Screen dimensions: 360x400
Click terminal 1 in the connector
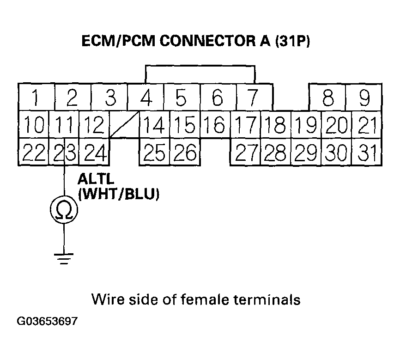[x=36, y=98]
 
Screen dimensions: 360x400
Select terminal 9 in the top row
[x=364, y=98]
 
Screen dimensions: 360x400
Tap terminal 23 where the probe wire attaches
[x=64, y=152]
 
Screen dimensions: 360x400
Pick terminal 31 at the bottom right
[x=367, y=152]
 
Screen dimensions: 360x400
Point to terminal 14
[x=154, y=125]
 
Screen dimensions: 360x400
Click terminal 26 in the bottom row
[x=185, y=152]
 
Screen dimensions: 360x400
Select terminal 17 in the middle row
[x=245, y=125]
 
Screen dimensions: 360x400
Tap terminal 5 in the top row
[x=182, y=98]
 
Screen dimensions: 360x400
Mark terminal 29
[x=306, y=152]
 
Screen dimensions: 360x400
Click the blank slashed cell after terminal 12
[x=124, y=125]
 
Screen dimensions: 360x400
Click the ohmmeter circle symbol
[x=64, y=211]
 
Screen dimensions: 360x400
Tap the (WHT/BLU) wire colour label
[x=119, y=195]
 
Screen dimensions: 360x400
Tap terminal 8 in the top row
[x=327, y=98]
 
